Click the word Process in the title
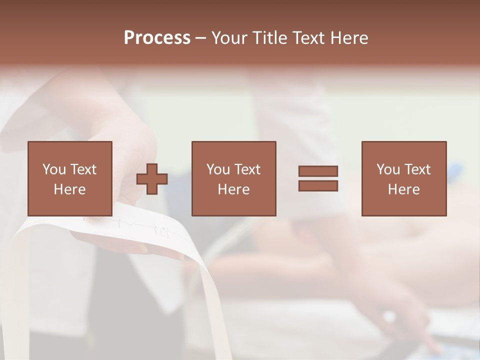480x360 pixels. point(157,38)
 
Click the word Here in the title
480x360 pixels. point(348,38)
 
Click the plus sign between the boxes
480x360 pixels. point(152,179)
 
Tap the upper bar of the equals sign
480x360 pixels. point(318,171)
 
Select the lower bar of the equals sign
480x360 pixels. point(318,185)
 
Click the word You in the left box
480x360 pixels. point(54,169)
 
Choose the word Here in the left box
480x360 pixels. point(69,189)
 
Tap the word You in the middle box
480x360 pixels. point(218,169)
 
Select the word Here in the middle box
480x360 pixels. point(233,189)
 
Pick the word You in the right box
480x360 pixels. point(388,169)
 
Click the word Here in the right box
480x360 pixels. point(403,189)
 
